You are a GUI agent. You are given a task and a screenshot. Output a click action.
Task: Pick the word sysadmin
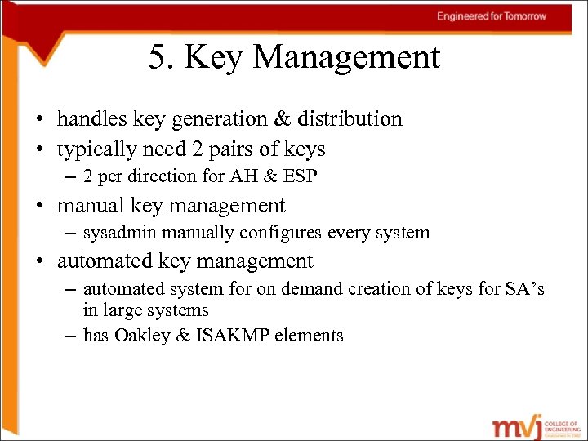point(118,233)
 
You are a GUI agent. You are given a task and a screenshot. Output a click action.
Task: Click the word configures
point(283,233)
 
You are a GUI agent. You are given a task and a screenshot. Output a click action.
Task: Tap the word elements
point(310,335)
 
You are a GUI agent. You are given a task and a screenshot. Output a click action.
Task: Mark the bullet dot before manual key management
point(41,206)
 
